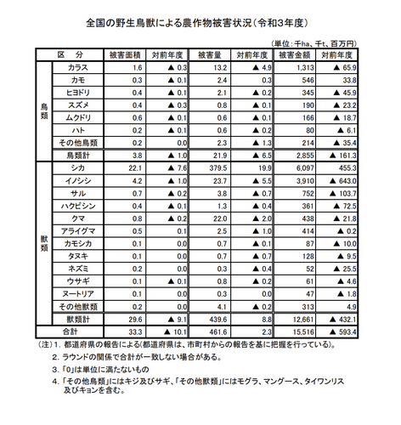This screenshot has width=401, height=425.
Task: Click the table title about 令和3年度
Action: [x=200, y=18]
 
